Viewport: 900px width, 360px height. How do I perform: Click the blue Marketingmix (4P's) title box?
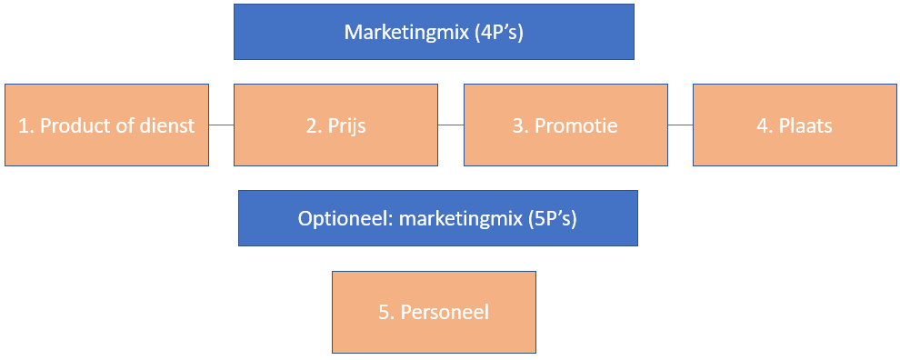tap(434, 32)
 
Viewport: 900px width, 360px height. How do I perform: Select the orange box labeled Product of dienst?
tap(106, 125)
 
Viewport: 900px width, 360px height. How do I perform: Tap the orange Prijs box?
tap(335, 125)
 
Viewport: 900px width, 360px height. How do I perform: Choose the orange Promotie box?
tap(565, 125)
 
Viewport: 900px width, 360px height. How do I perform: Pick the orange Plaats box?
tap(795, 125)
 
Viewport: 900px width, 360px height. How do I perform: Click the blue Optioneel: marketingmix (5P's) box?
tap(437, 218)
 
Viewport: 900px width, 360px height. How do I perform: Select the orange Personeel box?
tap(434, 312)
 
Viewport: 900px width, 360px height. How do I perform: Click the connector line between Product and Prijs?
tap(221, 125)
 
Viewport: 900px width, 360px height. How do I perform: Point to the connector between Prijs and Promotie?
tap(450, 125)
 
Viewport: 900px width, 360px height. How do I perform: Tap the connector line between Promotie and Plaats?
tap(680, 125)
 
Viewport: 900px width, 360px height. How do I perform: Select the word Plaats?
tap(805, 125)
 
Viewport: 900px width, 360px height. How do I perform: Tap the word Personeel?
tap(445, 312)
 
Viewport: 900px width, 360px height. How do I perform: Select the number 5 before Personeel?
tap(383, 312)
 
